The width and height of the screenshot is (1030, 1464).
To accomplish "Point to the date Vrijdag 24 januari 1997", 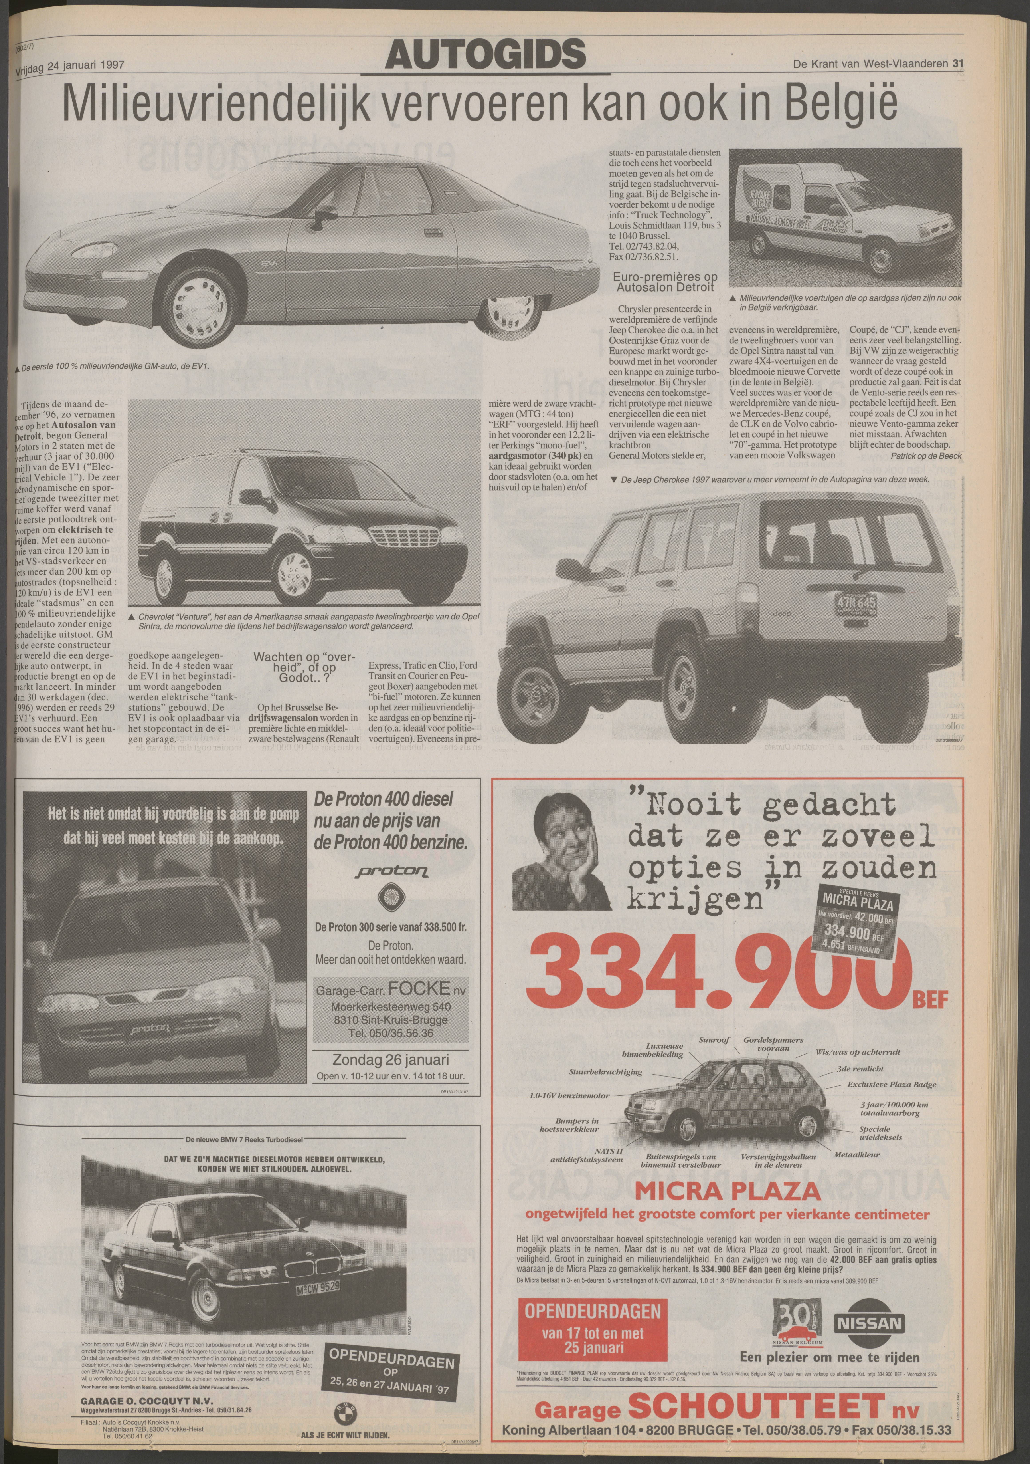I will pyautogui.click(x=69, y=64).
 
